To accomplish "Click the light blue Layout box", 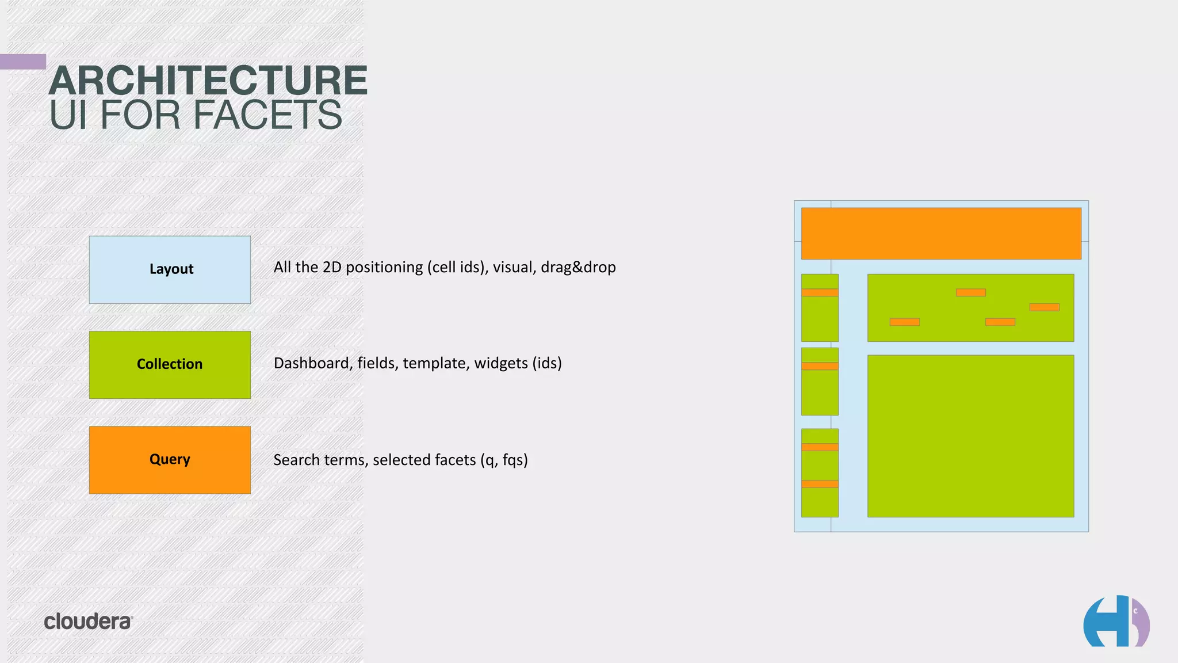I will point(170,269).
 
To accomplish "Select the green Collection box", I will point(170,364).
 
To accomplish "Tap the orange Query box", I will point(170,460).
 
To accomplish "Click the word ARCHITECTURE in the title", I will point(208,81).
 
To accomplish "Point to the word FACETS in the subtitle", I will point(267,115).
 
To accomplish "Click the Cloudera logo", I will point(88,622).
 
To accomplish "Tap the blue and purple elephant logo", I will point(1116,622).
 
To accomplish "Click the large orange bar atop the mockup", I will point(941,233).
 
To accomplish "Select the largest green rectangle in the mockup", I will point(970,436).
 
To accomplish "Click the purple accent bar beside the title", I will point(23,62).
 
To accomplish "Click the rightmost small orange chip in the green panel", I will point(1044,307).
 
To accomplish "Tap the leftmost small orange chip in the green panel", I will point(904,322).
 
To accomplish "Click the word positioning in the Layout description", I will point(384,268).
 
